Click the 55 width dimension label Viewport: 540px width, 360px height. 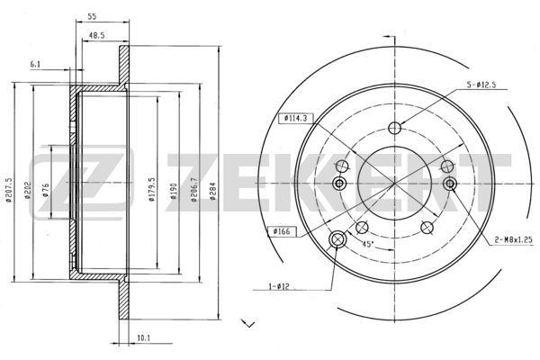[92, 16]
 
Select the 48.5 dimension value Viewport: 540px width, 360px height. [97, 35]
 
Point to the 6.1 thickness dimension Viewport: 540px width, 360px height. [35, 64]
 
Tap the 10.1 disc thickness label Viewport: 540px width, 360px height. [144, 338]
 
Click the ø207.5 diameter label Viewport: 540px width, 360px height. [9, 190]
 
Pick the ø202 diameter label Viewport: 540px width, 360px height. [28, 191]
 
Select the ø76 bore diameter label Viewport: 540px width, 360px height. [46, 191]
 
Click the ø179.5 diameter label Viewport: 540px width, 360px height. [152, 190]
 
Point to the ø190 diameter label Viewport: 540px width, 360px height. [173, 192]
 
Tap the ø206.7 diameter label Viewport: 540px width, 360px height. [194, 190]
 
